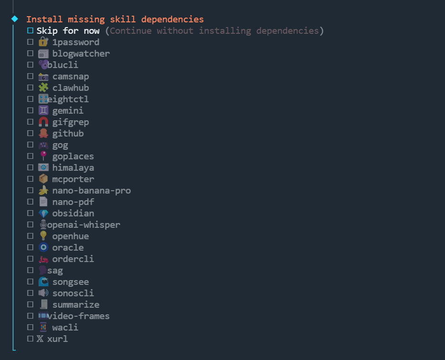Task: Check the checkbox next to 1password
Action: [30, 42]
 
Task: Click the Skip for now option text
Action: [68, 31]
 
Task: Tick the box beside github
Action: [30, 134]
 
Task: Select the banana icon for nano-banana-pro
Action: [43, 191]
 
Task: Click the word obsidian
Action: [73, 214]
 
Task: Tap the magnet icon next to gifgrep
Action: [43, 122]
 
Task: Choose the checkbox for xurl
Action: [30, 339]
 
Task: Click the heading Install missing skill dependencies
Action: [115, 19]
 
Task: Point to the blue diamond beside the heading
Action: [14, 19]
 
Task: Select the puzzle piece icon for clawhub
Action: [43, 88]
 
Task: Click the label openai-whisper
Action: [84, 225]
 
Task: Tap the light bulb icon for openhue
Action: [43, 236]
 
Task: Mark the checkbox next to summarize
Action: [30, 305]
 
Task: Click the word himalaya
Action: [73, 168]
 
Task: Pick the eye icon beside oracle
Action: [43, 248]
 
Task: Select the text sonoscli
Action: [73, 293]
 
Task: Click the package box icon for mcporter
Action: [43, 179]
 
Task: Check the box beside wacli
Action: [30, 328]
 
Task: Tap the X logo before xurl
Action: [40, 339]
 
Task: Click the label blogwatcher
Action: [81, 54]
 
